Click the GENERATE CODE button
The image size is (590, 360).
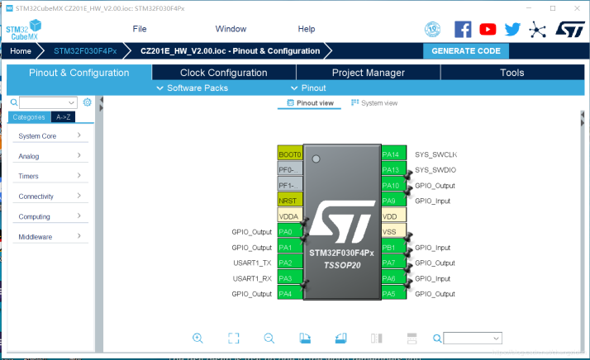click(x=465, y=50)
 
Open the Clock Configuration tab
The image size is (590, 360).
click(x=223, y=73)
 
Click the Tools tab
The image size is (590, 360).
click(x=511, y=73)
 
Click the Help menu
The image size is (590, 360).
click(x=306, y=29)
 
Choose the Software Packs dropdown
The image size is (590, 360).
click(x=193, y=88)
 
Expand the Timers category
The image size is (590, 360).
click(x=50, y=176)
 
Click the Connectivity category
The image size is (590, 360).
click(x=50, y=197)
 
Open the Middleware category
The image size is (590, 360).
click(x=50, y=237)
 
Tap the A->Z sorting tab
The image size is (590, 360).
click(x=65, y=117)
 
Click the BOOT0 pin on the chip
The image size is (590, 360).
click(x=290, y=154)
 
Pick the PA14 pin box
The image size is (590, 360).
click(x=391, y=154)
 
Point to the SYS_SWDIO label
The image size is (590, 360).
click(x=435, y=170)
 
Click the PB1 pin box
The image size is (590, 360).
click(x=391, y=247)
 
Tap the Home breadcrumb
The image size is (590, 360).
click(x=21, y=50)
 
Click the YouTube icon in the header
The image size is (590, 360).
click(x=488, y=29)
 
